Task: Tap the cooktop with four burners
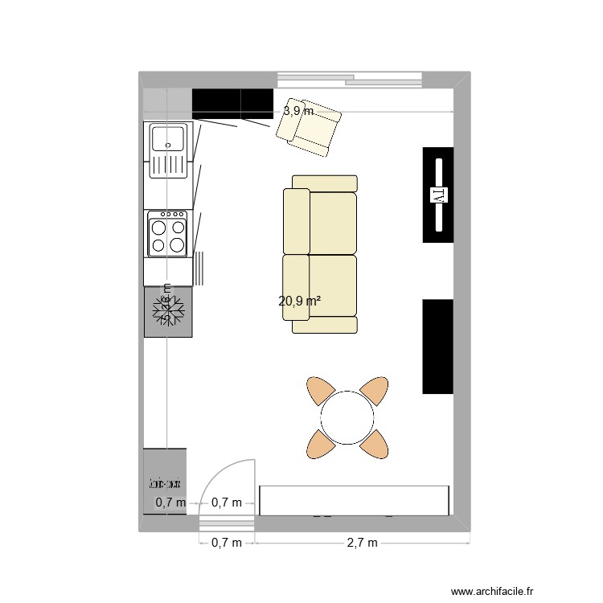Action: coord(167,234)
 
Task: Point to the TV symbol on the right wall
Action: coord(439,195)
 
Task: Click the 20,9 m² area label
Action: coord(300,301)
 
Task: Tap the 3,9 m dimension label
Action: coord(298,112)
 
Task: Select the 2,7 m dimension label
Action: coord(362,543)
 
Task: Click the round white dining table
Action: coord(347,416)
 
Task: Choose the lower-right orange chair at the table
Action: coord(375,443)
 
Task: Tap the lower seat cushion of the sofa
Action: coord(332,285)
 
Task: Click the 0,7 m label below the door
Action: coord(226,543)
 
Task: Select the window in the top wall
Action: coord(350,78)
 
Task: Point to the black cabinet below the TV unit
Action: coord(438,347)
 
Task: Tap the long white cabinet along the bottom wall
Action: coord(354,499)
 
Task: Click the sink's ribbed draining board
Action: coord(168,166)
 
